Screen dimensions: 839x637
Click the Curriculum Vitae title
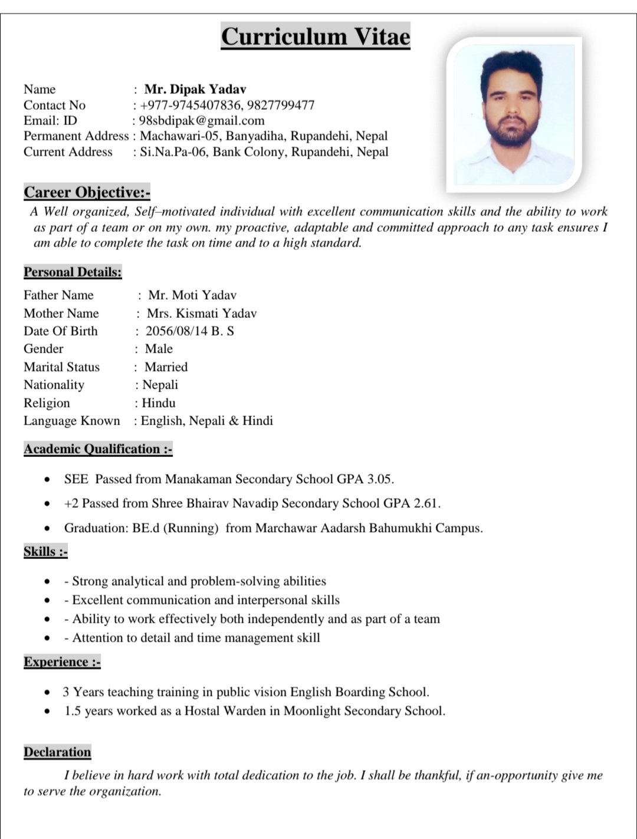coord(316,37)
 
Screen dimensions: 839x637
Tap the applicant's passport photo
coord(513,114)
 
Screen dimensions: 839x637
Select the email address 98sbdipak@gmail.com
coord(202,121)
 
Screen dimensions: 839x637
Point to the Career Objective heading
coord(87,192)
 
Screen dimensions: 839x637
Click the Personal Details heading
coord(73,272)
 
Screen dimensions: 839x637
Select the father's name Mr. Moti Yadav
coord(192,295)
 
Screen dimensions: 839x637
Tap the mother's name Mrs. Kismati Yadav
coord(202,313)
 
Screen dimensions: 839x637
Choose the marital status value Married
coord(166,367)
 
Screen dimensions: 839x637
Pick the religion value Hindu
coord(159,403)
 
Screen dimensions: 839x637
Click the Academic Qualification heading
coord(98,449)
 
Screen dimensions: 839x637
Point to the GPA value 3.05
coord(380,479)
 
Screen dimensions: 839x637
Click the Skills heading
coord(45,552)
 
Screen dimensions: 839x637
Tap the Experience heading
coord(62,662)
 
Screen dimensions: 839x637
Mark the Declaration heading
coord(57,752)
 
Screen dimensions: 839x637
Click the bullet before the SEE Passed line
coord(47,479)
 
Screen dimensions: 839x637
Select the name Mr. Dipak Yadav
coord(195,90)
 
